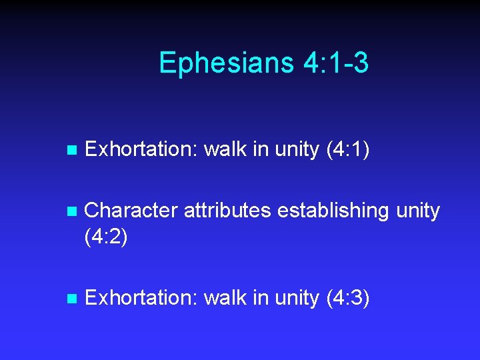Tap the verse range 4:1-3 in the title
coord(335,63)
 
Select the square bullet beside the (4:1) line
coord(73,151)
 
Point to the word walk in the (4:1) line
coord(225,150)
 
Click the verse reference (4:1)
coord(347,150)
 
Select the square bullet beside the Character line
coord(73,212)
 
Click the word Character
coord(131,211)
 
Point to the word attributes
coord(227,211)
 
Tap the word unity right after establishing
coord(418,211)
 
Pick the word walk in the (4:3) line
coord(225,298)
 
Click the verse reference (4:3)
coord(347,298)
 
